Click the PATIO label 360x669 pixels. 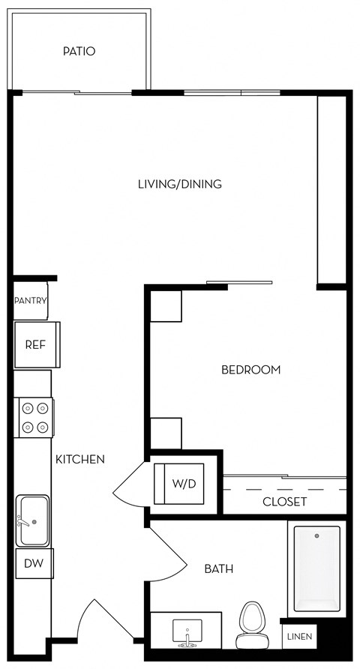(x=79, y=52)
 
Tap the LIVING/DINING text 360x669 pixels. (x=180, y=184)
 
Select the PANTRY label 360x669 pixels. (x=31, y=301)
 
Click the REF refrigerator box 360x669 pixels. (x=34, y=345)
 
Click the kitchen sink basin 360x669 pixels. (x=32, y=520)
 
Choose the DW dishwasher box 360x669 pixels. (x=33, y=563)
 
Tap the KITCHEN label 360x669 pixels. (x=79, y=459)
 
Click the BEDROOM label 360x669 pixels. (x=250, y=370)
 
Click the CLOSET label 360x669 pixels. (x=284, y=501)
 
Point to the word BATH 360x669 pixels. (x=218, y=569)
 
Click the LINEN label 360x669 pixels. (x=299, y=637)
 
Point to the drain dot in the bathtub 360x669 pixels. (x=316, y=537)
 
